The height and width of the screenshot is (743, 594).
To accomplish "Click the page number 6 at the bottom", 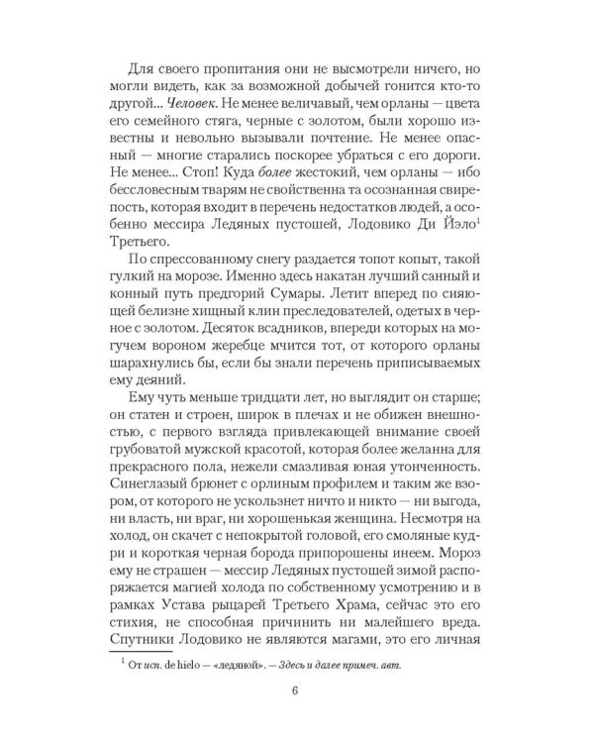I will pos(297,690).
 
